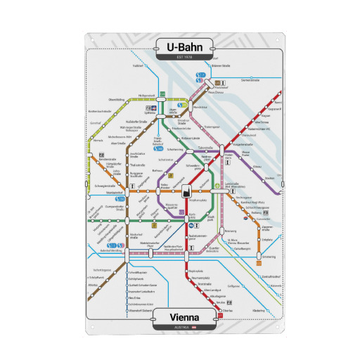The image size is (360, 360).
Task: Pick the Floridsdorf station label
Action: (x=221, y=87)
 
